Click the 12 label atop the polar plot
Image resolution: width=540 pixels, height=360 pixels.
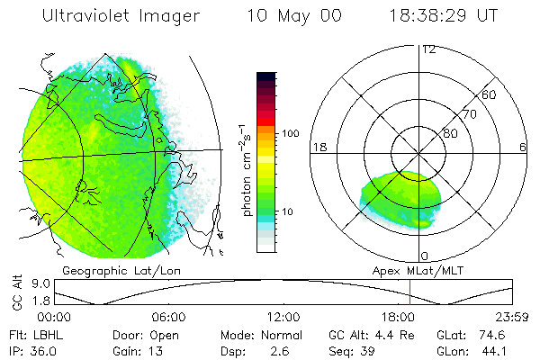pos(428,49)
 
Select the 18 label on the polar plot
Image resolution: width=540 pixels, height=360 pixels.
pos(318,147)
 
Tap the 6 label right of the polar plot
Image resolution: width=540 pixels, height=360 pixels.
pos(523,147)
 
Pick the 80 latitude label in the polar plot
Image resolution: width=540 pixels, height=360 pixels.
pos(450,133)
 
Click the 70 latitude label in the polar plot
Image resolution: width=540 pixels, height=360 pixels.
pos(468,115)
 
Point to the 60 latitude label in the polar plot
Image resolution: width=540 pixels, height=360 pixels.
pos(489,94)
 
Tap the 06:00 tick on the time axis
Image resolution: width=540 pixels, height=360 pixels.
pos(168,317)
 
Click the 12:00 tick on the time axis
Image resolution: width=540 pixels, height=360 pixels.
pos(283,317)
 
